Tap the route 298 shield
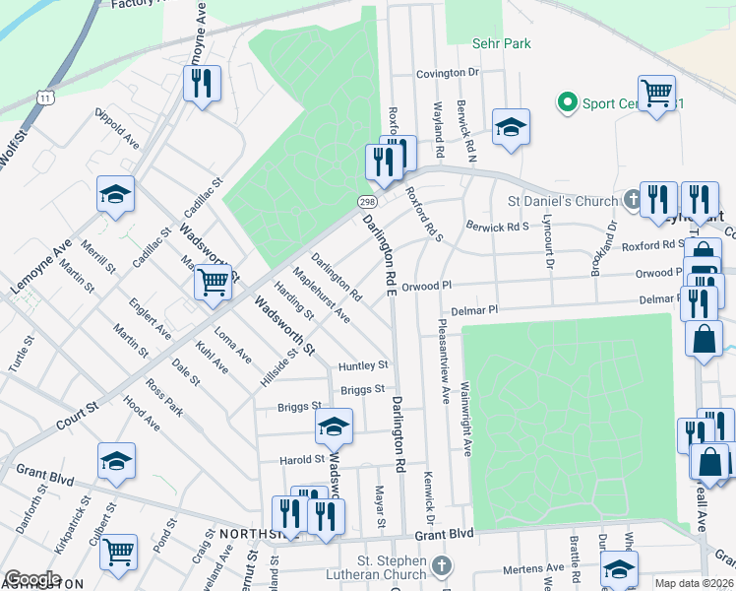point(363,201)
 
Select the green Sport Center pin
point(567,101)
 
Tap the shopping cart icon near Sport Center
point(656,94)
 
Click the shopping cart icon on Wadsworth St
point(213,282)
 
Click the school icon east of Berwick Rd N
point(511,127)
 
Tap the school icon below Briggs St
point(334,427)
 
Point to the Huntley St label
point(363,365)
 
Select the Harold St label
point(301,460)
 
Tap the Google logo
point(31,579)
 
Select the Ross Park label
point(163,395)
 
